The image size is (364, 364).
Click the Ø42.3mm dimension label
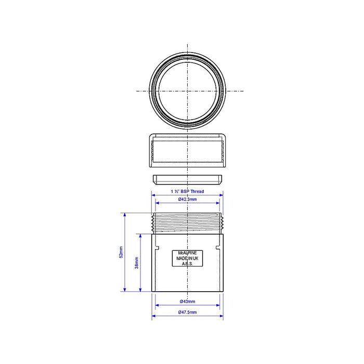(187, 199)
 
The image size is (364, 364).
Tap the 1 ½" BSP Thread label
(187, 191)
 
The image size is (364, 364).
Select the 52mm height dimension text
(121, 252)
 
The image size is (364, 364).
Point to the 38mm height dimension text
(136, 263)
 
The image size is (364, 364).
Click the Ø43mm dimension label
(187, 301)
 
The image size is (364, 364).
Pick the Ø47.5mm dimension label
(187, 312)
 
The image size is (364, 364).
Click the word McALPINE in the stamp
(187, 253)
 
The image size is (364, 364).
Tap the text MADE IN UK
(187, 258)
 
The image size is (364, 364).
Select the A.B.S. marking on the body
(187, 264)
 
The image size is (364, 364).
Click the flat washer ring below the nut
(187, 180)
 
